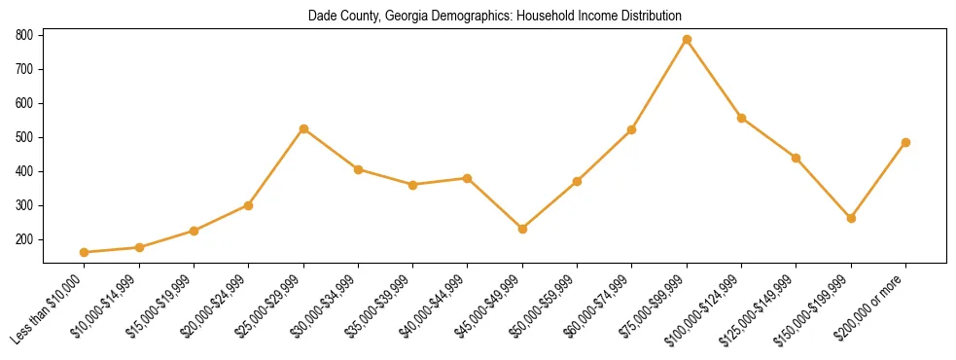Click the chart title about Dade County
pyautogui.click(x=495, y=17)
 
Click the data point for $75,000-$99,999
pyautogui.click(x=687, y=39)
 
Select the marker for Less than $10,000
pyautogui.click(x=85, y=252)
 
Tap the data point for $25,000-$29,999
pyautogui.click(x=303, y=128)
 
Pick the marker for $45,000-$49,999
pyautogui.click(x=522, y=229)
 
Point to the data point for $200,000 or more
pyautogui.click(x=905, y=142)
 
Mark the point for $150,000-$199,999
pyautogui.click(x=851, y=218)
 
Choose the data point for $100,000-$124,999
pyautogui.click(x=741, y=118)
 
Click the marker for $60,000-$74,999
pyautogui.click(x=632, y=129)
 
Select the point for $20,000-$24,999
pyautogui.click(x=249, y=205)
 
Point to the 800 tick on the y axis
pyautogui.click(x=25, y=35)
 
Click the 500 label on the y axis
pyautogui.click(x=25, y=137)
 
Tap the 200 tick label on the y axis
pyautogui.click(x=25, y=239)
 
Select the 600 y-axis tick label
pyautogui.click(x=25, y=103)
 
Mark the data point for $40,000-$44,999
pyautogui.click(x=468, y=178)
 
